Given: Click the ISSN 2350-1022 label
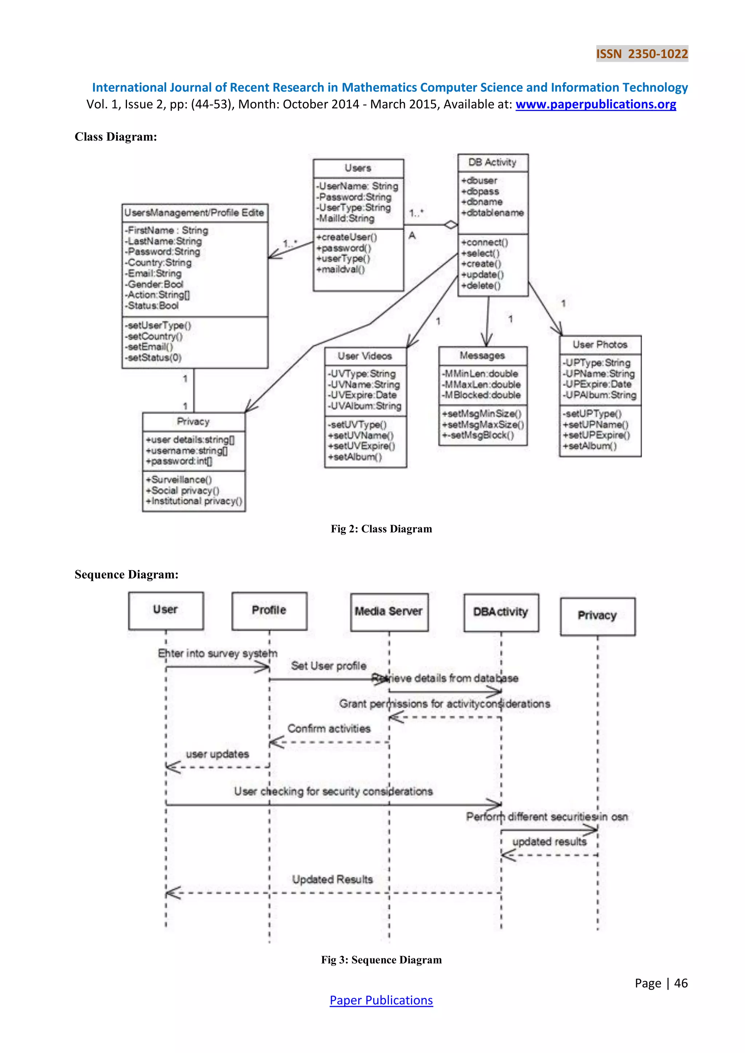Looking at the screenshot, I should [642, 54].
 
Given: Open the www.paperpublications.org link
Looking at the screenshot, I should [595, 105].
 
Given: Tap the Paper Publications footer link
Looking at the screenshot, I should [381, 1000].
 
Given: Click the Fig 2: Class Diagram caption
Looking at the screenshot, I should [381, 529].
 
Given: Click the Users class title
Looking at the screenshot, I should [358, 168].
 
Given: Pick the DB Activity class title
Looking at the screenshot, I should [492, 163].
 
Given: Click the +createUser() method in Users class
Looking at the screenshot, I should [346, 237].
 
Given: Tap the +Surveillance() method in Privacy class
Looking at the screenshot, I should [179, 480].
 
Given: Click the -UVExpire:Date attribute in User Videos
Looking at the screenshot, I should [362, 395].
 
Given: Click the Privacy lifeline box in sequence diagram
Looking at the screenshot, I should [597, 616].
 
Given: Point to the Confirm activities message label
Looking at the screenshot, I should [329, 729].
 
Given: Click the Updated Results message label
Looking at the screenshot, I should [332, 880].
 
